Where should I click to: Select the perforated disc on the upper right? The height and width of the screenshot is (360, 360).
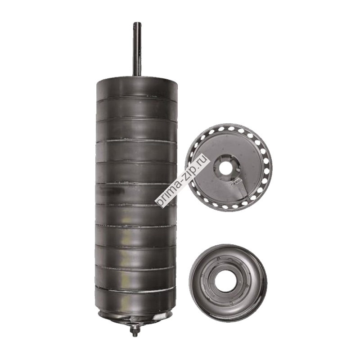pos(228,167)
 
